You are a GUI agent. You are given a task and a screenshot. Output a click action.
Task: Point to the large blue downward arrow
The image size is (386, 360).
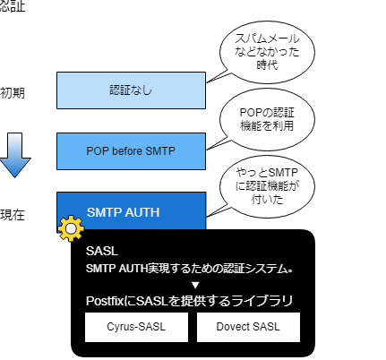coord(14,153)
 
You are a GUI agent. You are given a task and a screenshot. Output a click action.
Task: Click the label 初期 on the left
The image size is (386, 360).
coord(13,92)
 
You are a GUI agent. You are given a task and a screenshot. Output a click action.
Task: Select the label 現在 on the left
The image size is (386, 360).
coord(13,214)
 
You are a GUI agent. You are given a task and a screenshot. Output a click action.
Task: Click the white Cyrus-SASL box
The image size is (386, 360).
coord(138,328)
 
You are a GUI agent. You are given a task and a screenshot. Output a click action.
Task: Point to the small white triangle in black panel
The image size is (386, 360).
coord(194,284)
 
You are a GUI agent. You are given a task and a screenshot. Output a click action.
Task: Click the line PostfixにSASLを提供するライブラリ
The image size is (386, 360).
coord(194,302)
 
